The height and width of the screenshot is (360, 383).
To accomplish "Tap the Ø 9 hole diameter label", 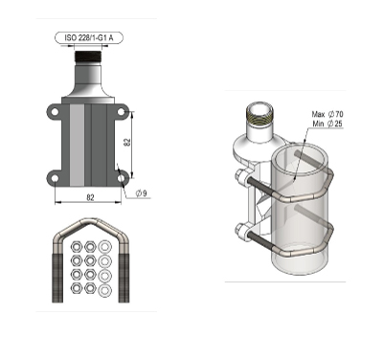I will pyautogui.click(x=141, y=193).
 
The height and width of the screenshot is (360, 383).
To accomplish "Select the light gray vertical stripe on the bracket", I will pyautogui.click(x=76, y=143).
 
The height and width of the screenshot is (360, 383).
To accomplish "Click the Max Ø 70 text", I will pyautogui.click(x=325, y=114).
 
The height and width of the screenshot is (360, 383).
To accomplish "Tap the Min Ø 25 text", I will pyautogui.click(x=325, y=124).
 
